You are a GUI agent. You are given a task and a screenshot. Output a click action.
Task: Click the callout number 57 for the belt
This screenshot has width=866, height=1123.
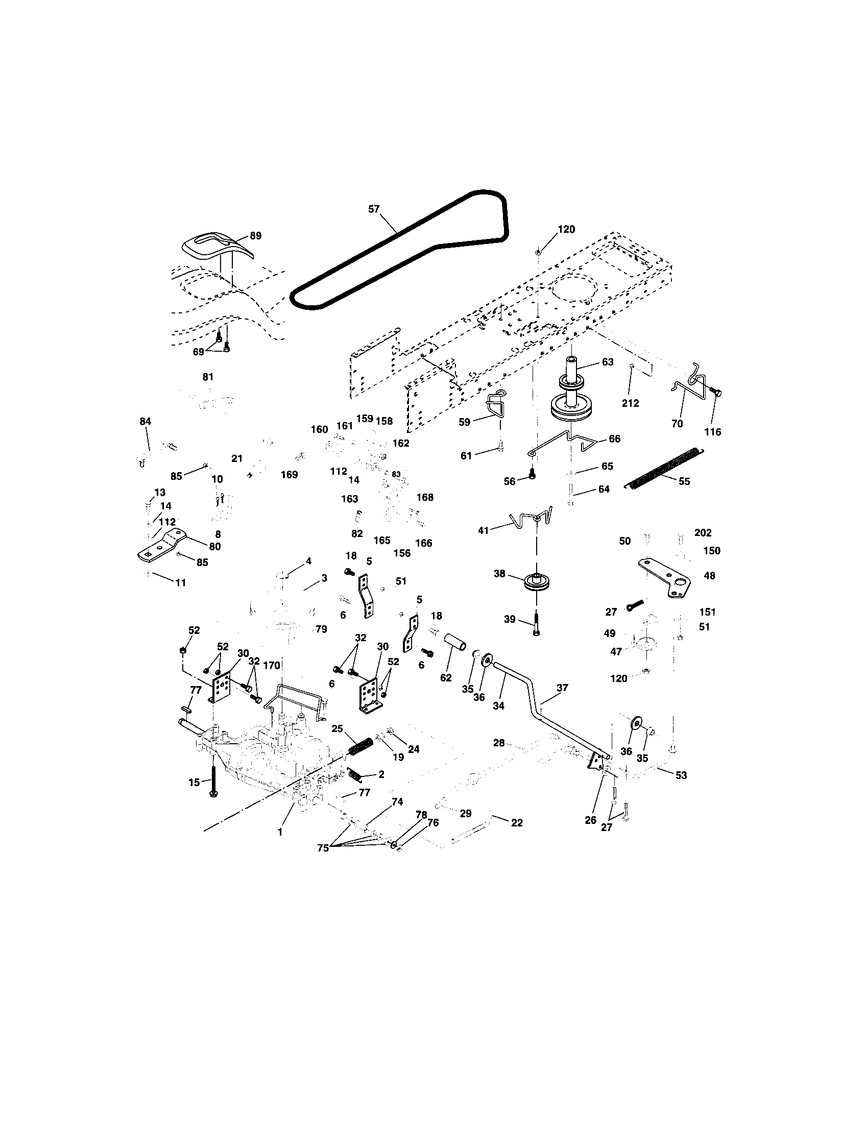pyautogui.click(x=374, y=209)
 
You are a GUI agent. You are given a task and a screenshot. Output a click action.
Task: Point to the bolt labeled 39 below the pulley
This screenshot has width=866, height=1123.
pyautogui.click(x=536, y=623)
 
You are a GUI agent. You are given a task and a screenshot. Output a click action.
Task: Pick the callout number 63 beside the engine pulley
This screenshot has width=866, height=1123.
pyautogui.click(x=607, y=362)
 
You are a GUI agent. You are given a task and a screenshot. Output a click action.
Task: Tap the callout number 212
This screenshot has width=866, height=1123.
pyautogui.click(x=630, y=404)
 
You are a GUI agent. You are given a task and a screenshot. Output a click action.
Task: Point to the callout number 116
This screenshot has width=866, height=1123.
pyautogui.click(x=712, y=432)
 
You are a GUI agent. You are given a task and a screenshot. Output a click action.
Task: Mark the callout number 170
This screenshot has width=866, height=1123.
pyautogui.click(x=271, y=665)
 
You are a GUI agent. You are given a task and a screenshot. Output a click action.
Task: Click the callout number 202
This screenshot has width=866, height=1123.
pyautogui.click(x=703, y=533)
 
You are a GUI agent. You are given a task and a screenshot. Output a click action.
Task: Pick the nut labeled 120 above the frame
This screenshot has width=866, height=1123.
pyautogui.click(x=537, y=252)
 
